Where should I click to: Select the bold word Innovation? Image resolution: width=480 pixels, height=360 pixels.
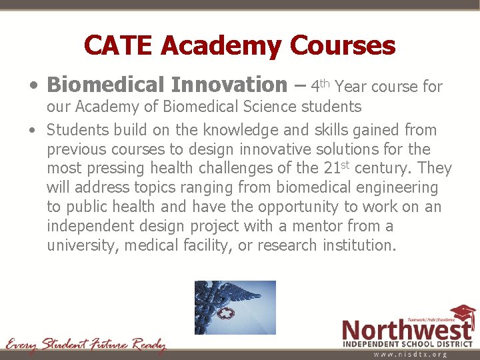[229, 85]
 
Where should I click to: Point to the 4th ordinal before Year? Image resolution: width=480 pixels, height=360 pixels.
[320, 85]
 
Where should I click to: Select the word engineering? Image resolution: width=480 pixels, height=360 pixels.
[398, 188]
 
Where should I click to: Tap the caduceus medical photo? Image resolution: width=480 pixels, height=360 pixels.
[235, 307]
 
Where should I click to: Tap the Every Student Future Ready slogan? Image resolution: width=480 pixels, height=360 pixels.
[85, 345]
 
